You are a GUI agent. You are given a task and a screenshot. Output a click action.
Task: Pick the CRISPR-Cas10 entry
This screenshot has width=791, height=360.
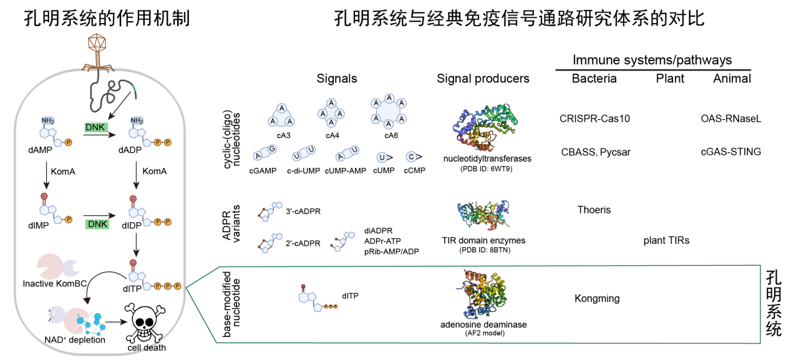point(594,118)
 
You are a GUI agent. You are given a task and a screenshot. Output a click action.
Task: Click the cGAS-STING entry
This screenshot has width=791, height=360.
point(731,152)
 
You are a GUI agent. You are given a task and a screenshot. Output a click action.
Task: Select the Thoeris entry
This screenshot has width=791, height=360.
point(594,210)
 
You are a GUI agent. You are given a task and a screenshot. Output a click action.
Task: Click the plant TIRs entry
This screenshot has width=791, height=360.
point(666,240)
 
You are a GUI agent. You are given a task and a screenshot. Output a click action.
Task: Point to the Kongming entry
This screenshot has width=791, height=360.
point(597,298)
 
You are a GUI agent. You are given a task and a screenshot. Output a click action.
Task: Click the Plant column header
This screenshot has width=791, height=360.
point(670,79)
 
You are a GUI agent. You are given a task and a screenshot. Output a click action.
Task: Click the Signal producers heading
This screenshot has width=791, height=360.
point(483,79)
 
